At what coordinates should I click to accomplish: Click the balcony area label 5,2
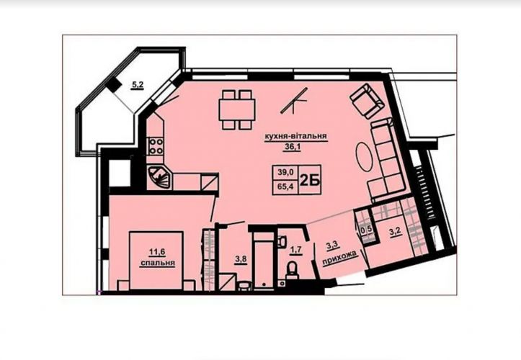click(x=137, y=85)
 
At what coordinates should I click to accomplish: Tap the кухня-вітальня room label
click(x=295, y=136)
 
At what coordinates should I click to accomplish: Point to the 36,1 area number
click(x=292, y=147)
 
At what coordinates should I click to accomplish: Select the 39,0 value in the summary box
click(x=285, y=172)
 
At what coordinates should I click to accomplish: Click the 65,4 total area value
click(x=285, y=186)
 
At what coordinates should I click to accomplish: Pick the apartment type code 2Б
click(x=310, y=180)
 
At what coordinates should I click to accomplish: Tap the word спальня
click(x=158, y=263)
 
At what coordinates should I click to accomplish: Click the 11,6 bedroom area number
click(x=157, y=252)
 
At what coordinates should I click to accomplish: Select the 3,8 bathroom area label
click(x=241, y=259)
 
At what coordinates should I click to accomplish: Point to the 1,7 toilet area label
click(x=295, y=250)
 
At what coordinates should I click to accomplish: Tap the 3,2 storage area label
click(x=395, y=231)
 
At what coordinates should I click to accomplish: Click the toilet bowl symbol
click(x=292, y=270)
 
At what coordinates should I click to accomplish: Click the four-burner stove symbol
click(x=155, y=146)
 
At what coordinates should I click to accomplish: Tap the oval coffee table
click(x=365, y=157)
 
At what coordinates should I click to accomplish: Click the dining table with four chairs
click(x=236, y=109)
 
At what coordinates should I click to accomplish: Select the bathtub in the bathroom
click(x=264, y=261)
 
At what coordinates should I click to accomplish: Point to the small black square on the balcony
click(x=114, y=86)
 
